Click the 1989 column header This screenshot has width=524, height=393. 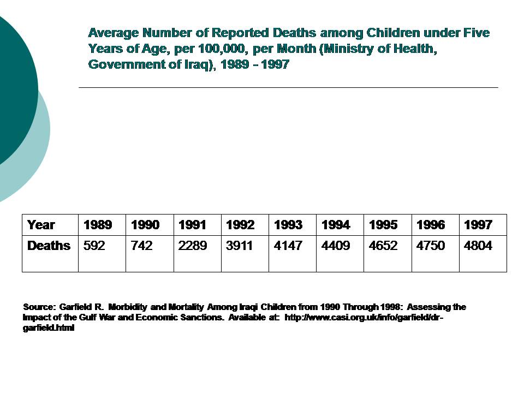pyautogui.click(x=98, y=225)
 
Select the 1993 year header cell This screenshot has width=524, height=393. pyautogui.click(x=288, y=225)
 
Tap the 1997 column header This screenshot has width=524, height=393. pyautogui.click(x=478, y=225)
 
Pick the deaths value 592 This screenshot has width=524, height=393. pyautogui.click(x=94, y=246)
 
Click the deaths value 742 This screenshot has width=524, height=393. pyautogui.click(x=141, y=246)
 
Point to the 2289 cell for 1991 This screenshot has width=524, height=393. pyautogui.click(x=193, y=246)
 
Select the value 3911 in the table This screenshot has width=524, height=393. pyautogui.click(x=240, y=246)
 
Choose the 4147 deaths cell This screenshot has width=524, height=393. pyautogui.click(x=288, y=246)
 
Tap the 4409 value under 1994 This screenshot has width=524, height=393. pyautogui.click(x=336, y=246)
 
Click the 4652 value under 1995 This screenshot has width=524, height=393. pyautogui.click(x=383, y=246)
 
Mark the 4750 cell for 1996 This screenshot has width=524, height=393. pyautogui.click(x=431, y=246)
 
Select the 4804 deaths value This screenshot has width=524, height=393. pyautogui.click(x=478, y=246)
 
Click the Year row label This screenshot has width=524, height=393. pyautogui.click(x=41, y=225)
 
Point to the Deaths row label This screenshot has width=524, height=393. pyautogui.click(x=49, y=246)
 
